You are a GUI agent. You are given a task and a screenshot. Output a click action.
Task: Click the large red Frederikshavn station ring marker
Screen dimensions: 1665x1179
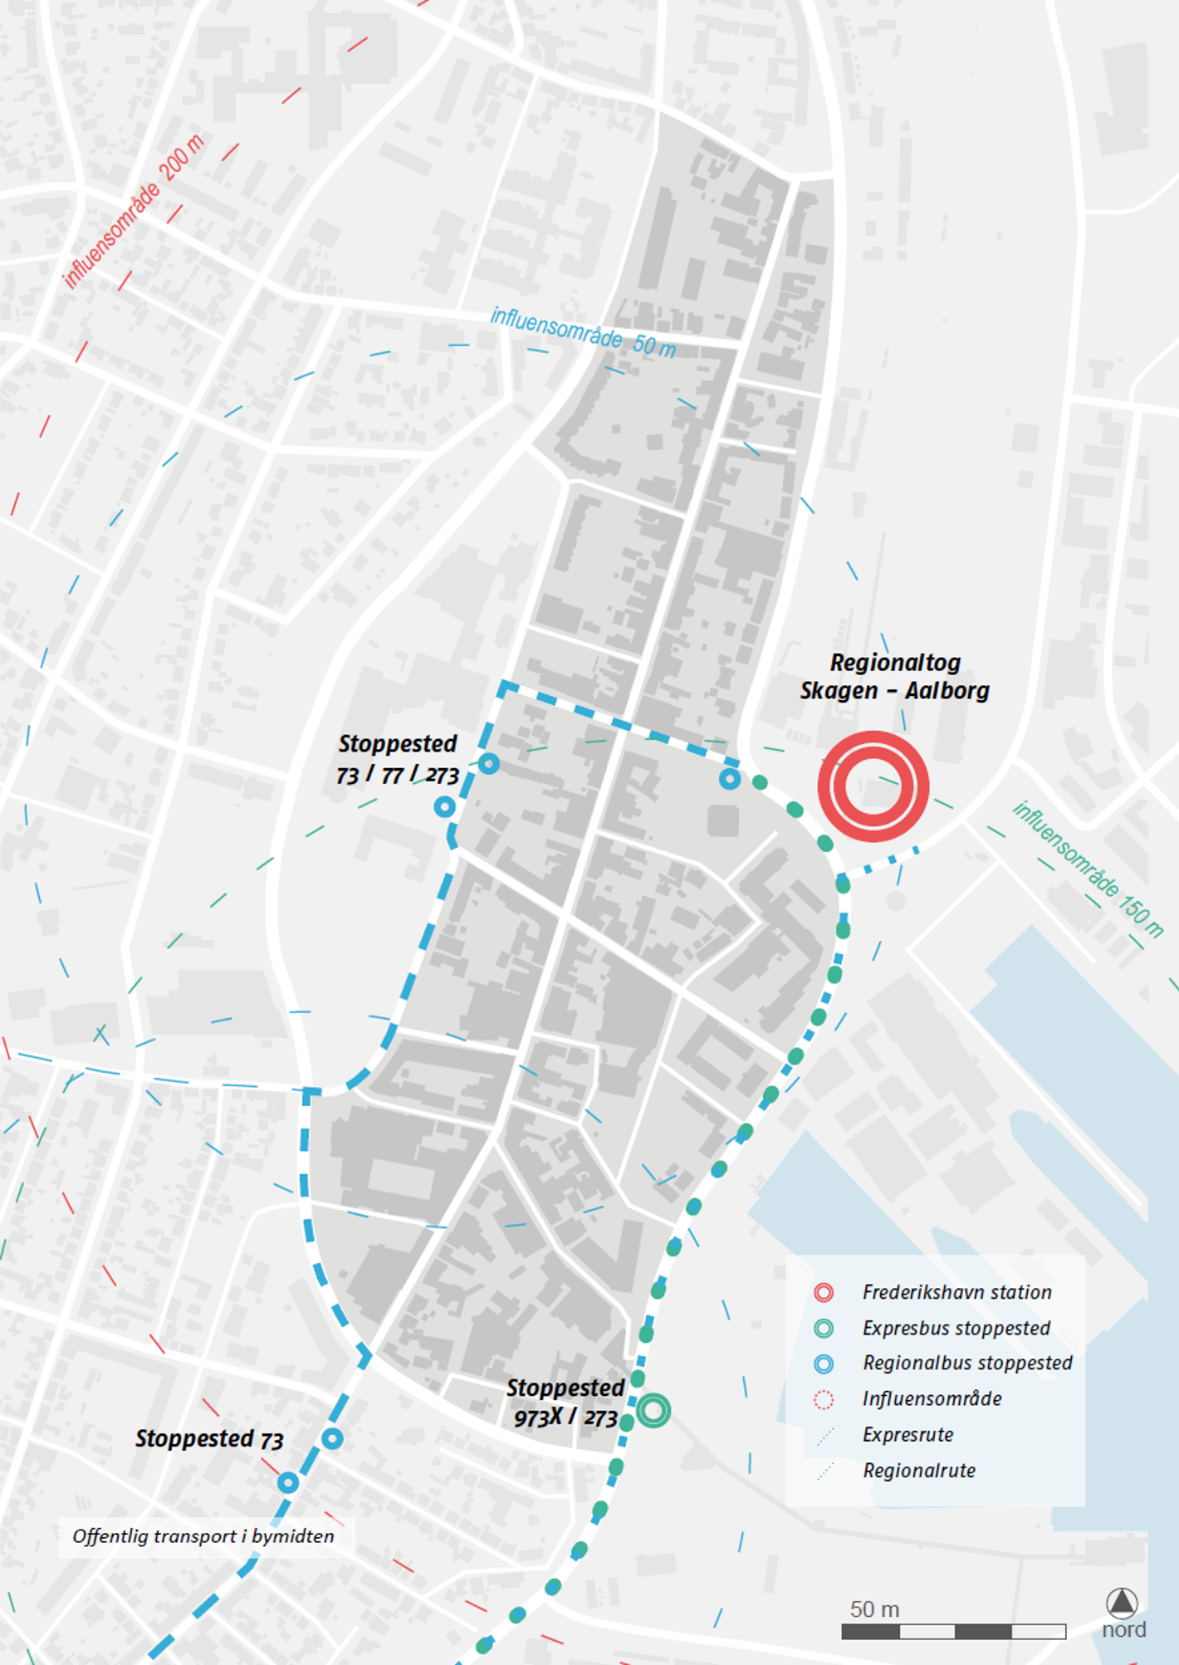pos(873,786)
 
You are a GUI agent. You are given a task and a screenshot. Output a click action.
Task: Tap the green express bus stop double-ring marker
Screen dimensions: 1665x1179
pos(653,1410)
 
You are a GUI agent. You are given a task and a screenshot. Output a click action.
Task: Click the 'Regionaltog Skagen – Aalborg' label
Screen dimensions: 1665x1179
pos(895,677)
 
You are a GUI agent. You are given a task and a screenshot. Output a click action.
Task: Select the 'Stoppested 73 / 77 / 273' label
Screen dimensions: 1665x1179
pos(398,759)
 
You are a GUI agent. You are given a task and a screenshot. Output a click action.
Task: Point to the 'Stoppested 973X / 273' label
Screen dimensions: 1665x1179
pos(565,1403)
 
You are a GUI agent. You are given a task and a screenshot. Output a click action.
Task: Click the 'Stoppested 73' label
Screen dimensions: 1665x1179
pos(209,1439)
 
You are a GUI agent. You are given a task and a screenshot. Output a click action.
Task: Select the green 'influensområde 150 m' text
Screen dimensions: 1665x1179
pos(1088,869)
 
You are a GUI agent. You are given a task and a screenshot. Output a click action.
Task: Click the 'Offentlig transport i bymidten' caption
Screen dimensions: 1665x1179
pos(203,1536)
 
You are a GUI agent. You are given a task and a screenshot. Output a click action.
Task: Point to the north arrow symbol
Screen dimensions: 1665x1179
pos(1122,1602)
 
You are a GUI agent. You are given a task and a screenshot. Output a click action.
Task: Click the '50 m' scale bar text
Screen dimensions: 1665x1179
pos(874,1609)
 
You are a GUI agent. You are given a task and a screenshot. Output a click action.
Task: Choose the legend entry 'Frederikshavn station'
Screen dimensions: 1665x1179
pos(956,1292)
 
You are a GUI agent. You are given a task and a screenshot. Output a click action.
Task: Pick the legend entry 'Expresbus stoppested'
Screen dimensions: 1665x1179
pos(956,1328)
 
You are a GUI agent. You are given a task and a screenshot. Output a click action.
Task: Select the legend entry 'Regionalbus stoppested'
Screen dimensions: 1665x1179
pos(967,1363)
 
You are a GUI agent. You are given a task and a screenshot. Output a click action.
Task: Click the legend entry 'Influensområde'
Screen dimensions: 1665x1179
pos(932,1398)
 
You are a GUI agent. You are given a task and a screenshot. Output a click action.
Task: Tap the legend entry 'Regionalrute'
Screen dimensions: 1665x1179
pos(919,1471)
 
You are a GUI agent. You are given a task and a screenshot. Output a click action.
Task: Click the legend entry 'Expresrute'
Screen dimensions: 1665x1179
pos(907,1434)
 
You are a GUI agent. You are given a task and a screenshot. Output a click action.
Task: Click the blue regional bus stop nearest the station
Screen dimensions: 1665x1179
pos(730,779)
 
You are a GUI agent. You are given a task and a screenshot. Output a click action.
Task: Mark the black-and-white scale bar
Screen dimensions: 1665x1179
pos(953,1632)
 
